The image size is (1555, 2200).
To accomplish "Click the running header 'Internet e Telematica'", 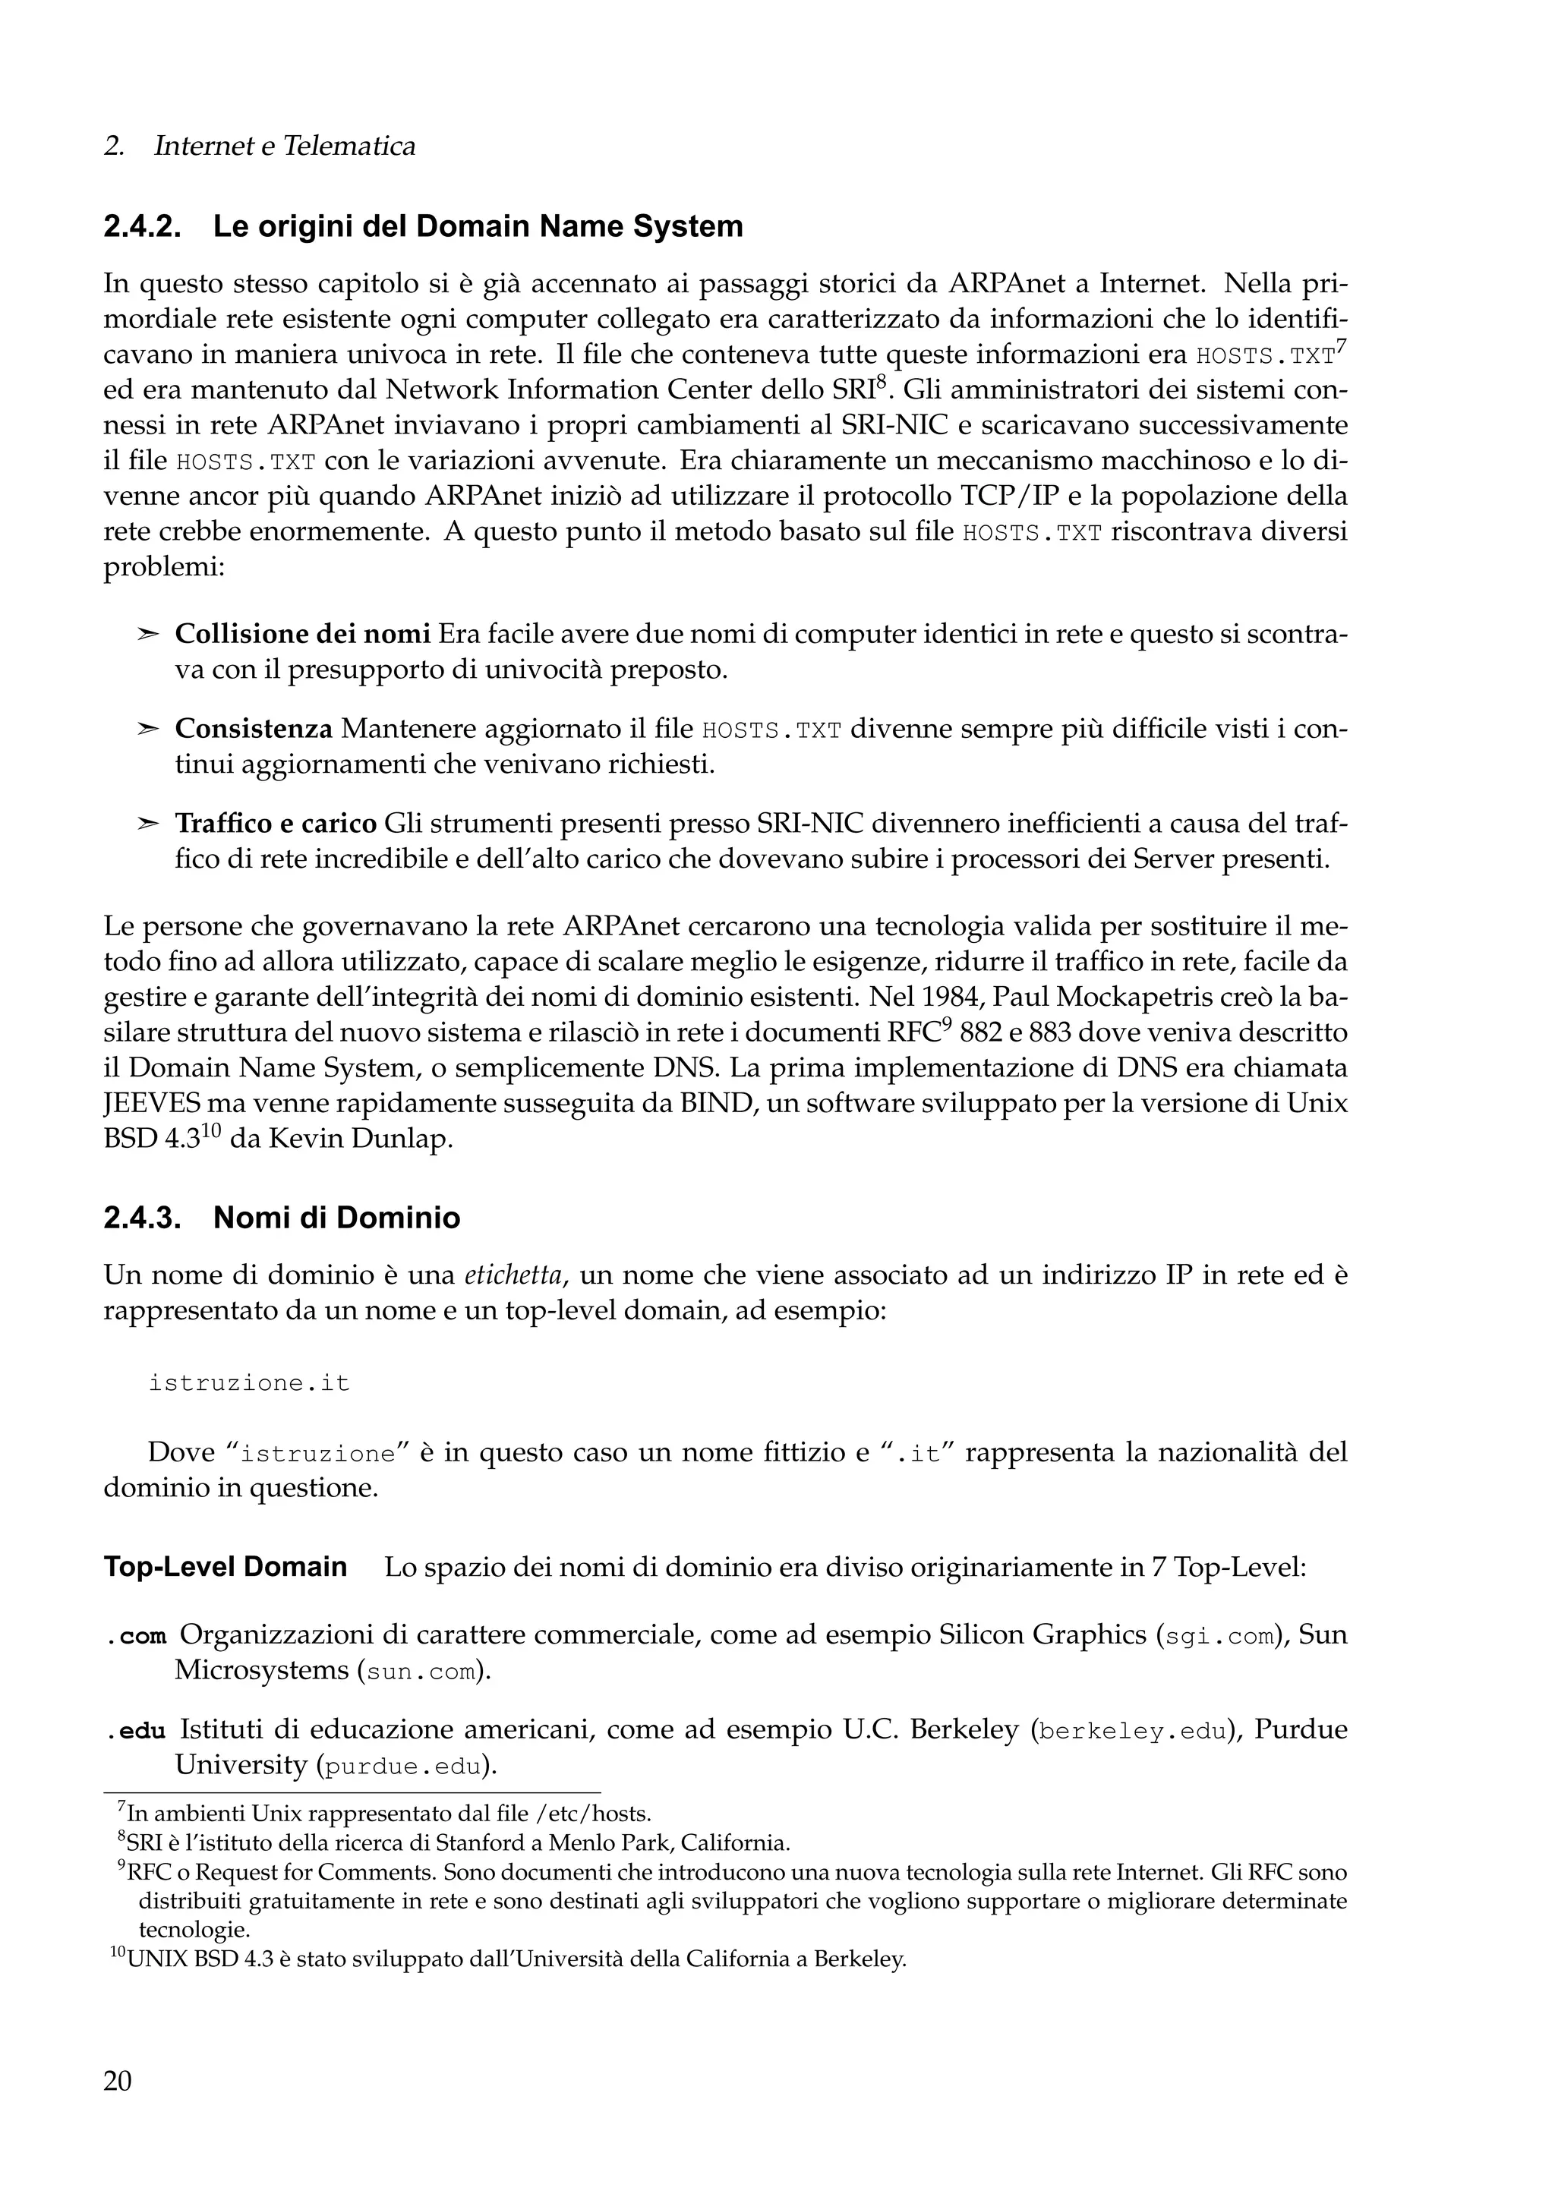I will [285, 147].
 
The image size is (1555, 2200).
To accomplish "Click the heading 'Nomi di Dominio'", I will [336, 1218].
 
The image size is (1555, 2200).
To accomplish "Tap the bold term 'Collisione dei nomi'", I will [301, 635].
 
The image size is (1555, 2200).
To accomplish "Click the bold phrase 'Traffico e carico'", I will [276, 823].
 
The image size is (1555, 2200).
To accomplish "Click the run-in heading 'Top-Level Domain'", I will [226, 1568].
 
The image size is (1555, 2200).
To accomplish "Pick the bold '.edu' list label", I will [136, 1731].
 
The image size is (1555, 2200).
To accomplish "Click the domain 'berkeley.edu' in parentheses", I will [1131, 1732].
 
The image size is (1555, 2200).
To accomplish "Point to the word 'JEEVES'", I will [147, 1104].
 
